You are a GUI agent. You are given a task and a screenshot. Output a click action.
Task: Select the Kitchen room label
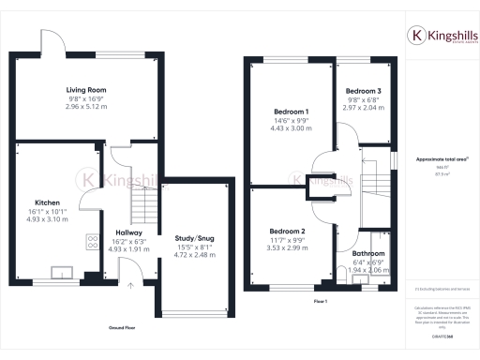(48, 202)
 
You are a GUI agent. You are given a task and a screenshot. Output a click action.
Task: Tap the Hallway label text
(129, 232)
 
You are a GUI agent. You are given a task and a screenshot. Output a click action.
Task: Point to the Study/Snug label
(195, 238)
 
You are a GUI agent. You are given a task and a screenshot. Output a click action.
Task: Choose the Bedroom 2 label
(288, 231)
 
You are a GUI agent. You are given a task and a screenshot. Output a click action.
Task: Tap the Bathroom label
(367, 253)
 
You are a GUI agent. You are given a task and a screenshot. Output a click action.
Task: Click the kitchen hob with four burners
(94, 241)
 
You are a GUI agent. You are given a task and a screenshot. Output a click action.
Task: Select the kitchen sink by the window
(64, 273)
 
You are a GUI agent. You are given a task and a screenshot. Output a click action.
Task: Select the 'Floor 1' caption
(320, 300)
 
